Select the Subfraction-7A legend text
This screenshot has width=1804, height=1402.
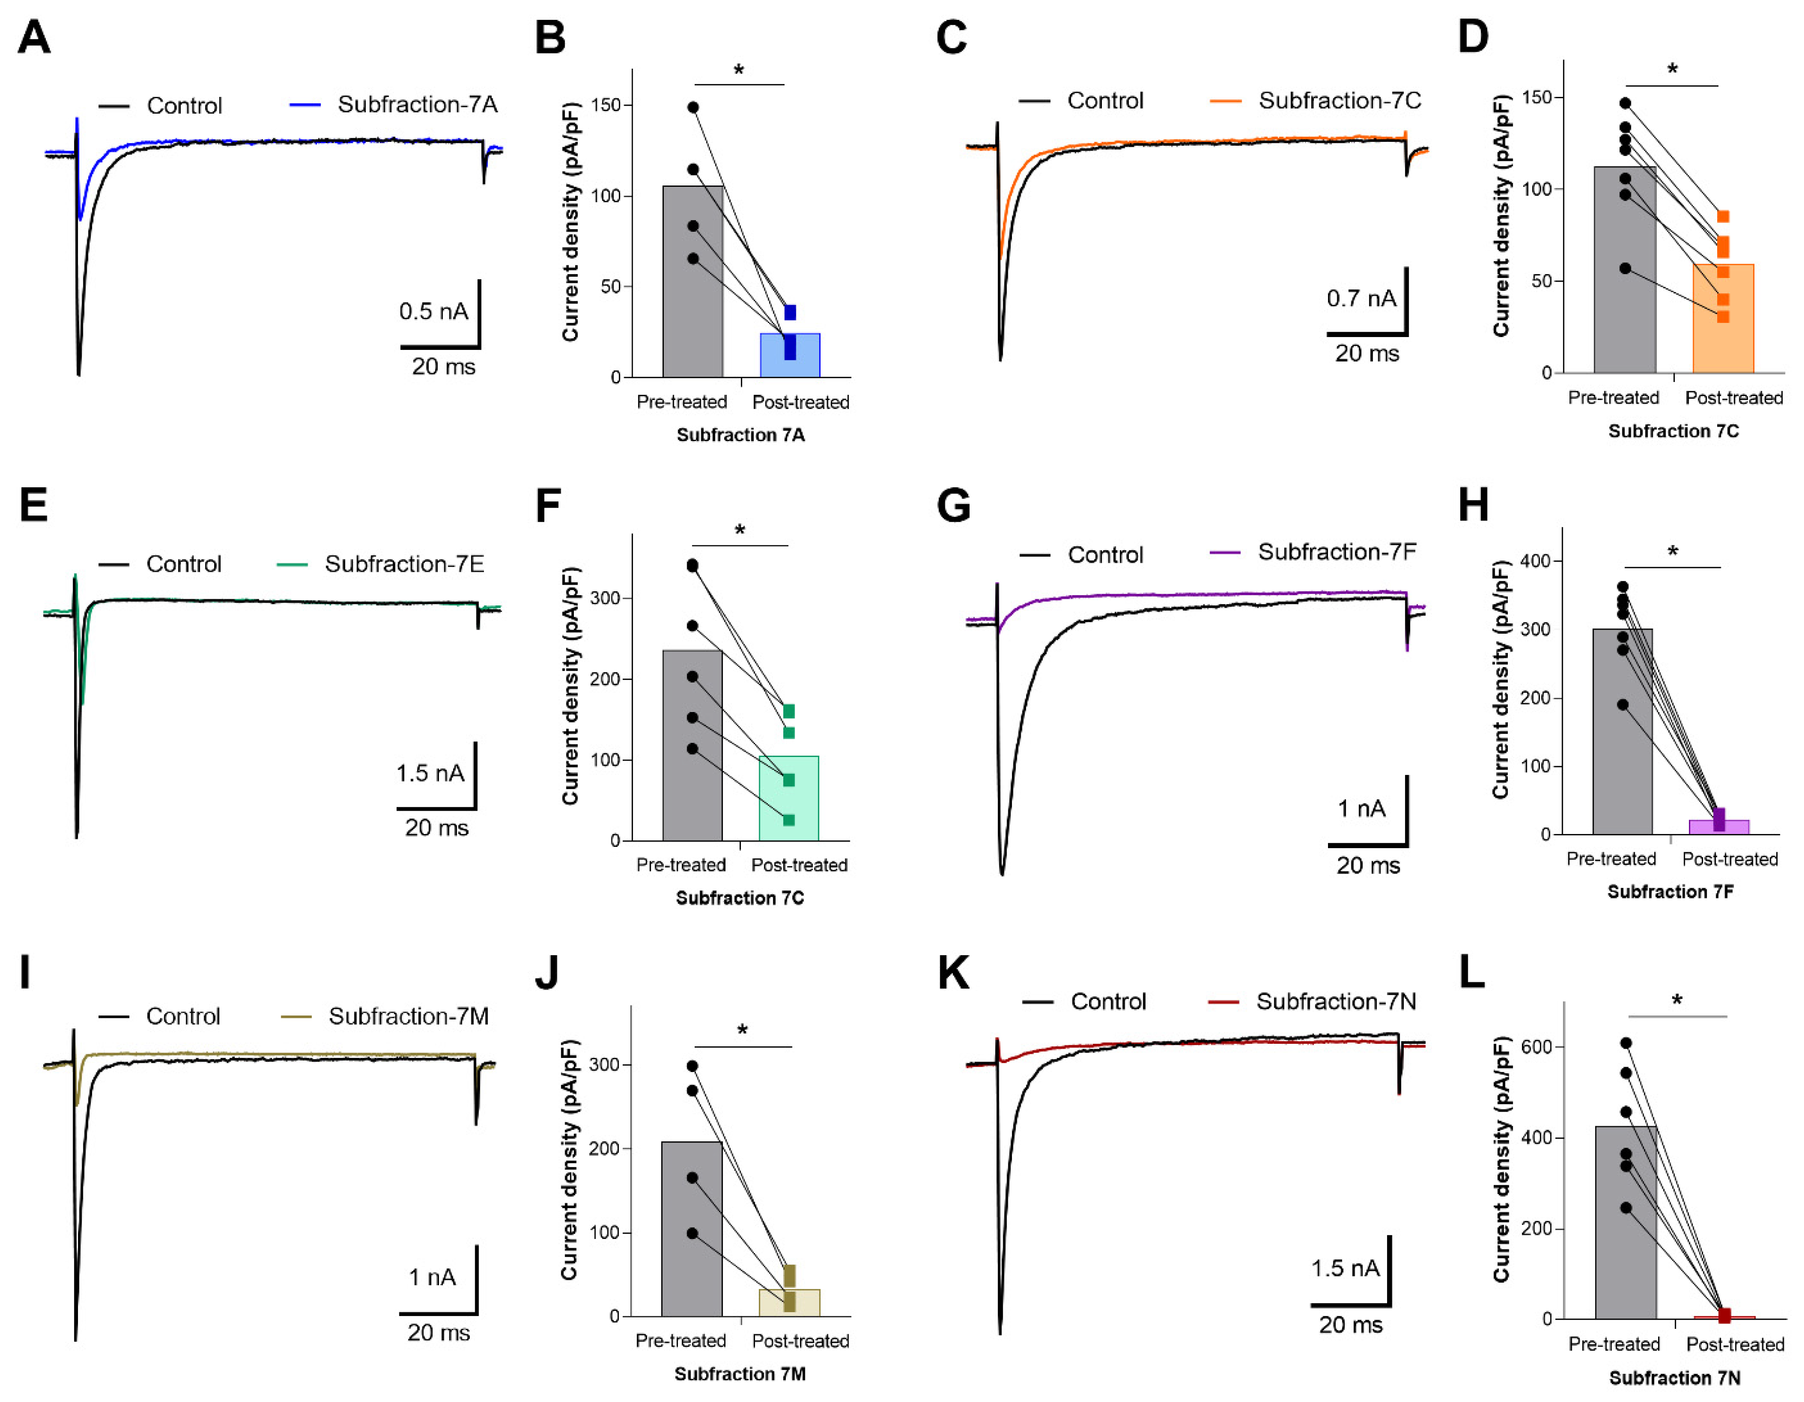click(417, 105)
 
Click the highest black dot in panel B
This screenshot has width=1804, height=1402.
click(693, 108)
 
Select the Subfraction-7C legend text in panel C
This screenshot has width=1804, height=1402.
click(1339, 101)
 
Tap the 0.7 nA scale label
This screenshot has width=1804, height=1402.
click(1361, 298)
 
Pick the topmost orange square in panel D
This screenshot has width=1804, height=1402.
click(1723, 217)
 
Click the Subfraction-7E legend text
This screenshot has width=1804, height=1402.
click(404, 564)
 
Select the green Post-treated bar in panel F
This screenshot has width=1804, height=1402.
click(789, 805)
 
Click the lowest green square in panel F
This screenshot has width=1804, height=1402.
click(789, 820)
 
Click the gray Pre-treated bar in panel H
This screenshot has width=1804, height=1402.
click(1622, 735)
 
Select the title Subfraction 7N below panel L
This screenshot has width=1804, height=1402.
click(1674, 1378)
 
